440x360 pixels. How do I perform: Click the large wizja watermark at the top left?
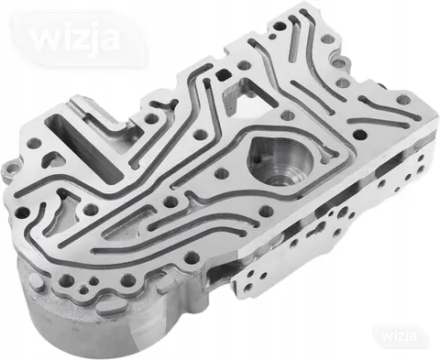tap(76, 39)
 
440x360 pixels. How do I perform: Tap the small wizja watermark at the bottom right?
tap(399, 336)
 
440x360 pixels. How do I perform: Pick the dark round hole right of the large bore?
tap(360, 134)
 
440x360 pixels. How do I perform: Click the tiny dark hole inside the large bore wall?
tap(258, 159)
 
